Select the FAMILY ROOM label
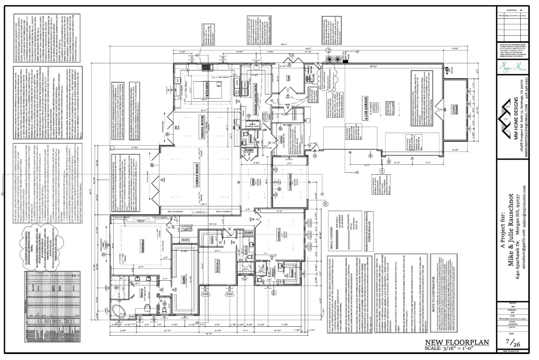tap(195, 174)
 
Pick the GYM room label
tap(289, 78)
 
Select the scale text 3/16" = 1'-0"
tap(457, 348)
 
